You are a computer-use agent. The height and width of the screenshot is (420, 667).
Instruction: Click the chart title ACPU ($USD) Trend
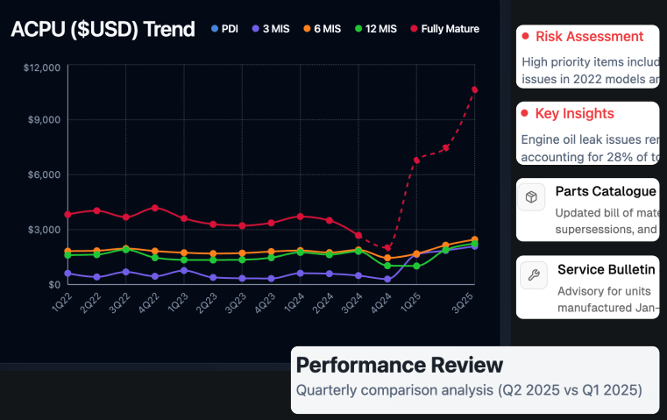coord(103,29)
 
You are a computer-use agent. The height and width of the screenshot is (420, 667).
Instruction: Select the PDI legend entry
coord(224,29)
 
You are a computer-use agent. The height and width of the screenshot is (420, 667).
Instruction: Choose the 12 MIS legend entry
coord(374,29)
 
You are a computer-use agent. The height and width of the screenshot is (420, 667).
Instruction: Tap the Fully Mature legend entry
coord(443,29)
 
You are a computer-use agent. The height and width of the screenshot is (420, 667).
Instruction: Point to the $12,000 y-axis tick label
coord(42,67)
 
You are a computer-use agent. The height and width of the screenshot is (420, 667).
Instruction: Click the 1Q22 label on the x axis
coord(62,302)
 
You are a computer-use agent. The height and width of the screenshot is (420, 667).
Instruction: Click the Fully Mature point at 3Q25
coord(474,89)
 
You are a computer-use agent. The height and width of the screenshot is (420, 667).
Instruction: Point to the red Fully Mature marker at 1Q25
coord(416,160)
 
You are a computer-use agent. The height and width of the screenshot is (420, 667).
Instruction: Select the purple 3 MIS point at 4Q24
coord(387,279)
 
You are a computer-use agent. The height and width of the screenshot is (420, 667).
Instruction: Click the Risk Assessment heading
coord(589,37)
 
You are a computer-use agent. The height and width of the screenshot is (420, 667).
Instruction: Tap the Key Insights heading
coord(574,114)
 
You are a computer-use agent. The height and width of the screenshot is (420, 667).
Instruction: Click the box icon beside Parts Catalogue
coord(531,197)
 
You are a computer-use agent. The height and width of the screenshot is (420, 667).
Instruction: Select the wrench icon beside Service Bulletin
coord(531,274)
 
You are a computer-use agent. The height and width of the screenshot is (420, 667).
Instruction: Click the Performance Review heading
coord(400,365)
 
